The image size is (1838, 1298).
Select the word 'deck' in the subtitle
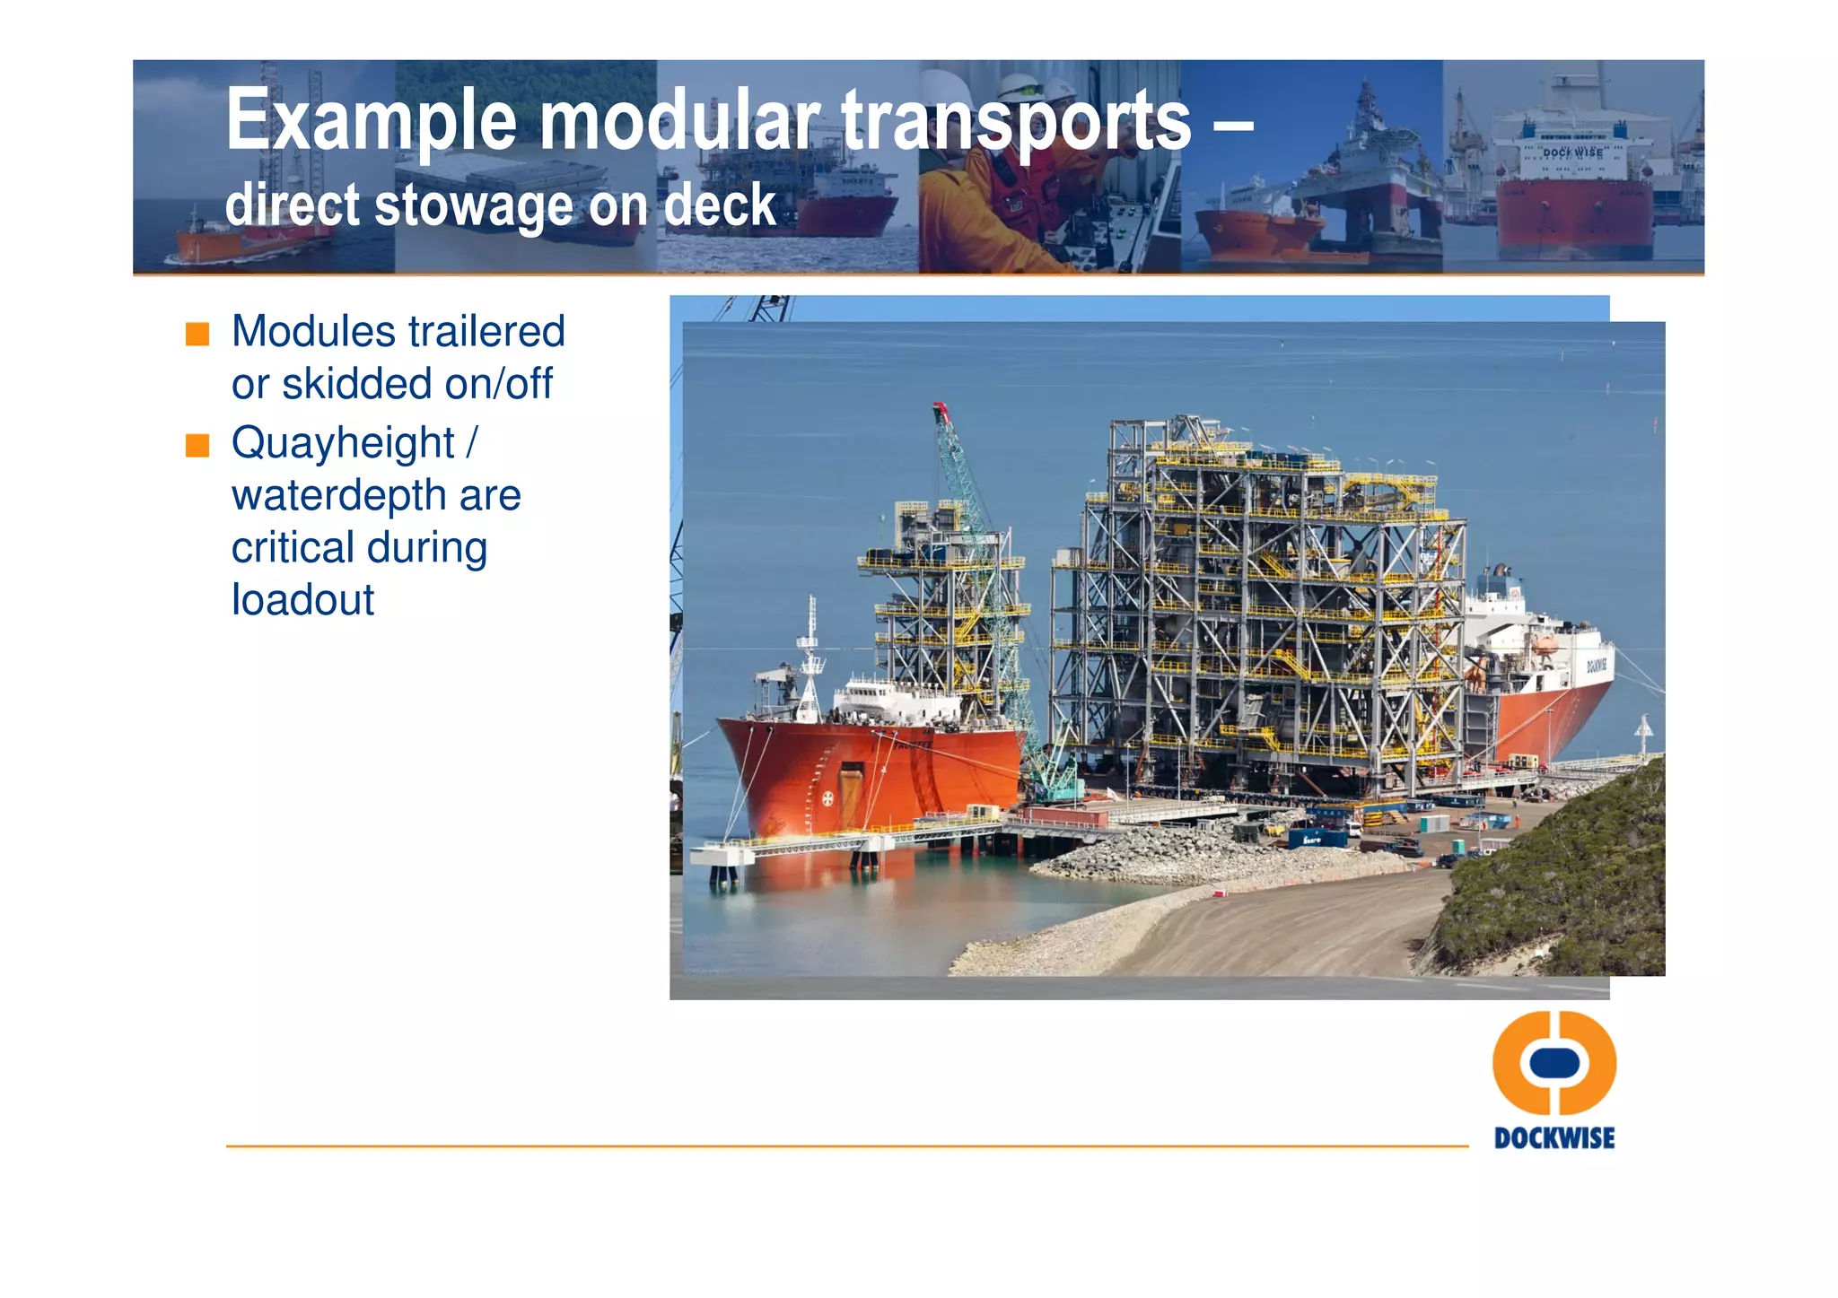719,205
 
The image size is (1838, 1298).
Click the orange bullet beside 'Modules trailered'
197,334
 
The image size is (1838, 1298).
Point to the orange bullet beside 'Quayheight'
197,445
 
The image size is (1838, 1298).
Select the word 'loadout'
302,600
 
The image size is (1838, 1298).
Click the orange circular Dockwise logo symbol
1554,1063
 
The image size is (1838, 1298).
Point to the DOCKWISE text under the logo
1554,1138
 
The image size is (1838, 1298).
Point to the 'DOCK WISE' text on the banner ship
1572,152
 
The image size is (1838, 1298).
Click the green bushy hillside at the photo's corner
1571,879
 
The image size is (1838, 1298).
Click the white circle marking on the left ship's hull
828,797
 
